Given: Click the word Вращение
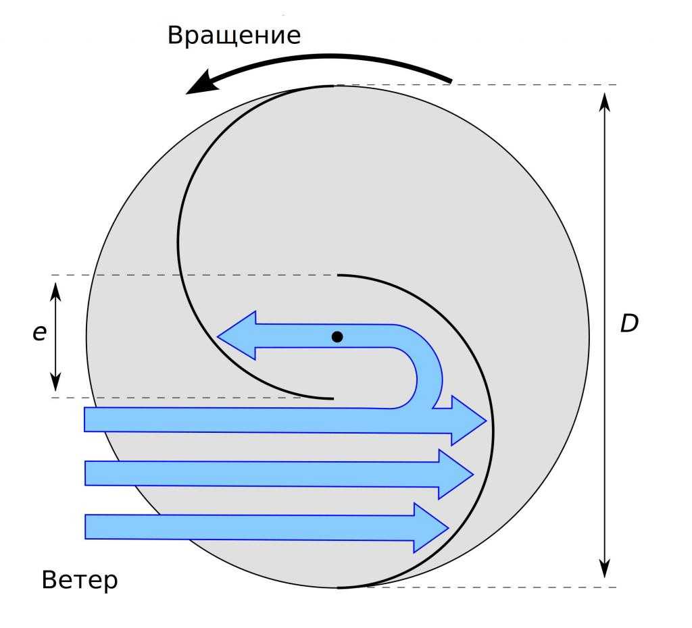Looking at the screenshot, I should pyautogui.click(x=234, y=35).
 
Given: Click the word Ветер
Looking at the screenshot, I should pyautogui.click(x=80, y=579).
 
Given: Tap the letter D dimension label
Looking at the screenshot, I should pyautogui.click(x=629, y=323).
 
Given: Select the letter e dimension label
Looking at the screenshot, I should pyautogui.click(x=39, y=332).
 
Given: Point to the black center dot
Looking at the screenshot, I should pyautogui.click(x=337, y=336).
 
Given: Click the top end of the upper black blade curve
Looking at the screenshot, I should pyautogui.click(x=333, y=86).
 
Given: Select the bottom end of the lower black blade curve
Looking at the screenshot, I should pyautogui.click(x=339, y=587).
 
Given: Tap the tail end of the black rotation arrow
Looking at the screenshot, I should pyautogui.click(x=449, y=80).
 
